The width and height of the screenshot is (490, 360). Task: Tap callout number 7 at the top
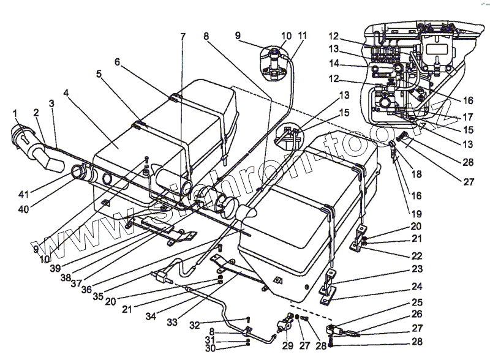coord(182,37)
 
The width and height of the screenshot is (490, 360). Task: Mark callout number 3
coord(52,104)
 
